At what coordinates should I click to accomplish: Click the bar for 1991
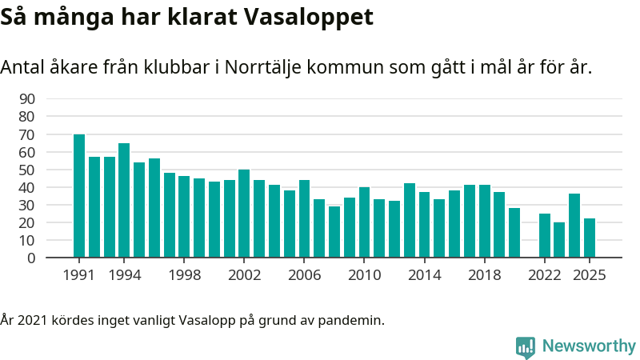(x=79, y=196)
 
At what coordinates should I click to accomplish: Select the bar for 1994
(x=124, y=200)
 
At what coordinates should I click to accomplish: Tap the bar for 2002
(x=244, y=214)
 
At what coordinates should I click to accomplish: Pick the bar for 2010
(x=364, y=222)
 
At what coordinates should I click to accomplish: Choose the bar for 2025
(x=590, y=238)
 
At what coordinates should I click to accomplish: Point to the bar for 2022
(x=545, y=235)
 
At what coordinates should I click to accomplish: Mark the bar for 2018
(x=485, y=221)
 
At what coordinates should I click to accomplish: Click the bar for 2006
(x=304, y=218)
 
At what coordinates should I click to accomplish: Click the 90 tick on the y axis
(x=26, y=99)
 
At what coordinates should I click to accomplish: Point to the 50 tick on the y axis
(x=26, y=170)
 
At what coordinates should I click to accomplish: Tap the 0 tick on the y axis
(x=31, y=258)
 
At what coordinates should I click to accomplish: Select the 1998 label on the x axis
(x=184, y=274)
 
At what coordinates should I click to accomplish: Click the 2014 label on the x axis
(x=424, y=274)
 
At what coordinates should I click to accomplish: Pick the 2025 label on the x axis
(x=590, y=274)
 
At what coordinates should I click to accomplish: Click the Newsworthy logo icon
(x=526, y=346)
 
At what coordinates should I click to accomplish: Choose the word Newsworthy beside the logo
(x=589, y=346)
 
